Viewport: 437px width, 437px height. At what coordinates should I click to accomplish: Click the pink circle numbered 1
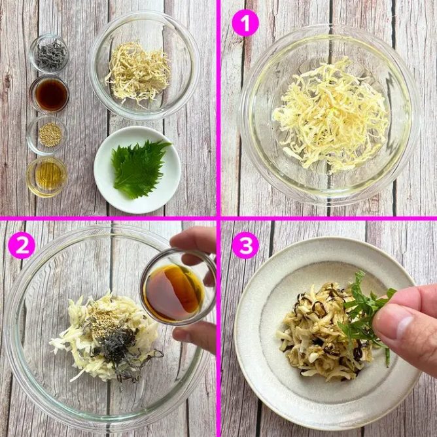(245, 23)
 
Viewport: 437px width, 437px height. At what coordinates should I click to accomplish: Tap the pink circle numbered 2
(22, 245)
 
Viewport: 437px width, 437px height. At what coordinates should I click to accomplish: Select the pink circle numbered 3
(245, 245)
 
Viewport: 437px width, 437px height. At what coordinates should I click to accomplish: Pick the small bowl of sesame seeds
(47, 135)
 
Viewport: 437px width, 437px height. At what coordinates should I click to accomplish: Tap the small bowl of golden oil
(47, 177)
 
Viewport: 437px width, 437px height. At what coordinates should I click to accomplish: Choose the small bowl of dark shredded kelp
(49, 54)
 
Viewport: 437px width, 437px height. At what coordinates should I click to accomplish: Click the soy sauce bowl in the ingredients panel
(49, 94)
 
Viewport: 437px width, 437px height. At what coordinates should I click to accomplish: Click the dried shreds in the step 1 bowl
(330, 115)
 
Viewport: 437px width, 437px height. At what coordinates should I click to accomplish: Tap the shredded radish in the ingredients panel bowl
(139, 73)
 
